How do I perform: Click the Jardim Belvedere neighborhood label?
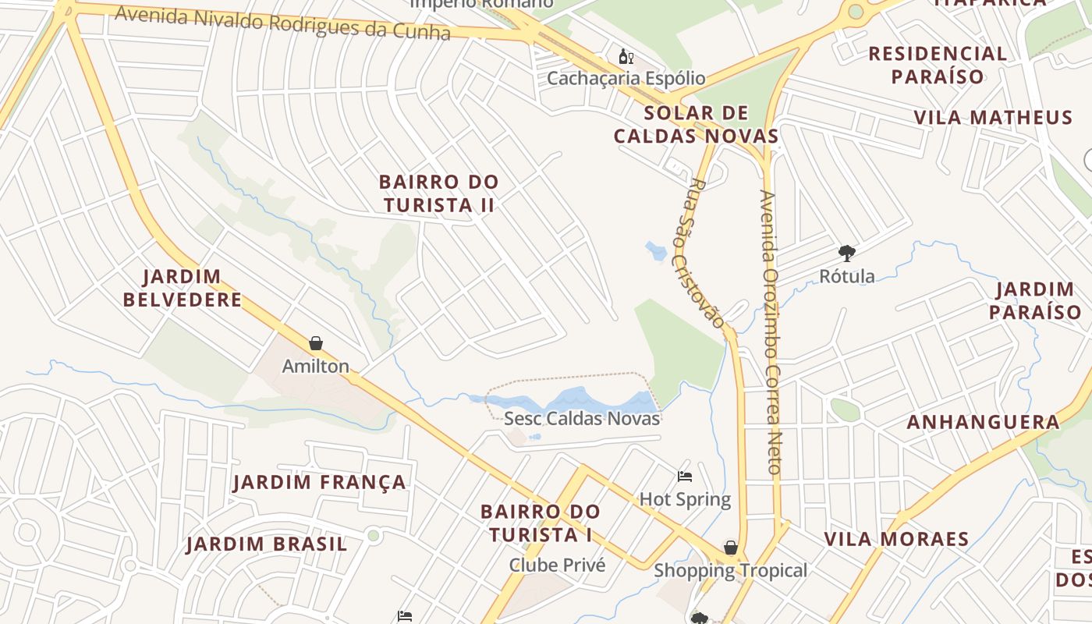[183, 288]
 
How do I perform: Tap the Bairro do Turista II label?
[438, 193]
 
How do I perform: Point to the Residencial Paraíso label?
[938, 65]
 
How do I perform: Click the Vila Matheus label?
[993, 118]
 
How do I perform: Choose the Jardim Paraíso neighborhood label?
[1035, 300]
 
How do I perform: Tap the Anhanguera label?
[983, 423]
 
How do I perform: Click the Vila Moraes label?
[896, 539]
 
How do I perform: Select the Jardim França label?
[320, 482]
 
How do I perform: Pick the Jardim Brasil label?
[267, 544]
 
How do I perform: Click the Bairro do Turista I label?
[541, 523]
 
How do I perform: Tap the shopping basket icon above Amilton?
[316, 343]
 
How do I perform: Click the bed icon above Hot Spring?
[685, 477]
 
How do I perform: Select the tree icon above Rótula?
[846, 253]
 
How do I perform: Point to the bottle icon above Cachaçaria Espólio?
[626, 56]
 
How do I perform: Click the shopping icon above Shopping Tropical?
[731, 548]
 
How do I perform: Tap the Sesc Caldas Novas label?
[582, 418]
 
